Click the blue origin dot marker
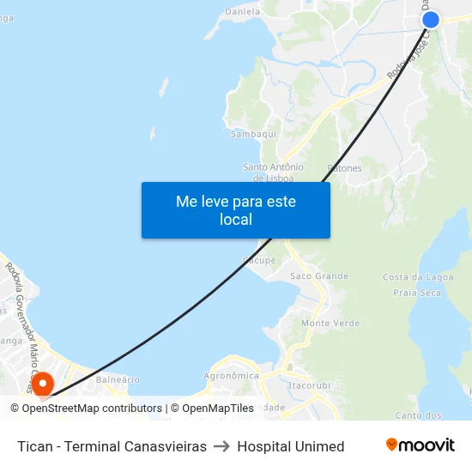430,20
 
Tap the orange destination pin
40,384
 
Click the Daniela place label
242,12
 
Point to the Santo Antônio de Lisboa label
274,172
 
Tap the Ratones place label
345,168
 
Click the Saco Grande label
319,276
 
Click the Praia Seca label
417,293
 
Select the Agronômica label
231,376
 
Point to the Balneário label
118,379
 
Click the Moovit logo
421,445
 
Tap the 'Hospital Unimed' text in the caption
291,446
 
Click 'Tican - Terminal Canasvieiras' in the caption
112,446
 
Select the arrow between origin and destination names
221,446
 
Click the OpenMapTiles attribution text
217,408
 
